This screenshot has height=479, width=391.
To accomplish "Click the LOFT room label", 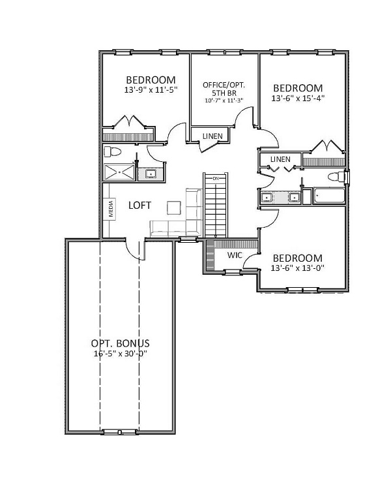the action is [x=139, y=206].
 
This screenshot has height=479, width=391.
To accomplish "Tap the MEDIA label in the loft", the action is [x=111, y=208].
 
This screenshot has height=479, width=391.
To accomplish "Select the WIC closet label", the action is [x=235, y=255].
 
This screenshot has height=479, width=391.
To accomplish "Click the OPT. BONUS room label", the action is [x=121, y=343].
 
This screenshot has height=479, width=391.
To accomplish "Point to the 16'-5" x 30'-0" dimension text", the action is [x=121, y=354].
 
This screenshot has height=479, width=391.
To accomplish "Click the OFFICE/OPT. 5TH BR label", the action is [x=224, y=89].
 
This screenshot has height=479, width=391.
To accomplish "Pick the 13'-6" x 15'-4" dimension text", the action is [x=298, y=99].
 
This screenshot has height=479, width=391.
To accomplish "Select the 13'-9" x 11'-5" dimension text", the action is [x=151, y=90].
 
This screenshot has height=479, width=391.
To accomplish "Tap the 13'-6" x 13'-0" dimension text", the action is [x=297, y=268].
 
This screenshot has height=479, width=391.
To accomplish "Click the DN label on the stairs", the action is [x=216, y=178].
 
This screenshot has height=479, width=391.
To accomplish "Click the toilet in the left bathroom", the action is [x=112, y=151].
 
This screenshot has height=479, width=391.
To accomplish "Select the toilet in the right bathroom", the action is [x=336, y=177].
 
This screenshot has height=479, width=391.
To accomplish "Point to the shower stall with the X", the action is [x=119, y=172].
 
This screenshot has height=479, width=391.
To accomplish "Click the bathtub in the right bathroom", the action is [x=329, y=196].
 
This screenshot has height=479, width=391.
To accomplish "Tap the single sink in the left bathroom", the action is [x=151, y=174].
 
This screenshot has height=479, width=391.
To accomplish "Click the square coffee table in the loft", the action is [x=174, y=208].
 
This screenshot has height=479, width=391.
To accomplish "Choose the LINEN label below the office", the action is [x=212, y=136].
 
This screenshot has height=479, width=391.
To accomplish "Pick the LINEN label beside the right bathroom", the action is [x=280, y=159].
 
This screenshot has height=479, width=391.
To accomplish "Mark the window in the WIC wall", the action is [x=233, y=271].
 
